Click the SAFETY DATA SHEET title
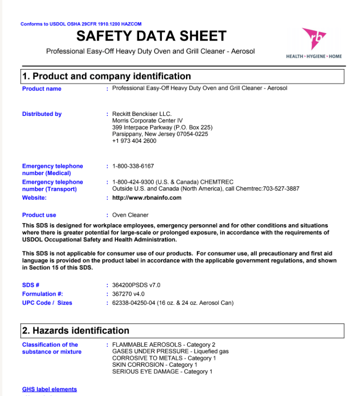tap(151, 36)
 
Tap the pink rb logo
tap(314, 38)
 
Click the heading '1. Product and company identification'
tap(106, 77)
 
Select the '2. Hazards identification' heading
tap(76, 331)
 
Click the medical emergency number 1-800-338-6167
tap(133, 166)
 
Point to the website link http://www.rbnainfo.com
tap(147, 198)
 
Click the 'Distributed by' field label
tap(42, 114)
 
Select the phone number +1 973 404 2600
tap(134, 141)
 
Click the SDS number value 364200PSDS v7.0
tap(136, 285)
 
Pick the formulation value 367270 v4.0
tap(128, 294)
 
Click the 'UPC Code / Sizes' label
tap(47, 303)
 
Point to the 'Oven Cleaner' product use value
tap(130, 215)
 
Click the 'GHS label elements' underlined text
tap(49, 389)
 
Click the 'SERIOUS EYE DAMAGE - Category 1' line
tap(162, 372)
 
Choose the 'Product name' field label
tap(42, 88)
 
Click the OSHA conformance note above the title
tap(81, 24)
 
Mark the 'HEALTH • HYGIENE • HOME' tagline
tap(314, 56)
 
